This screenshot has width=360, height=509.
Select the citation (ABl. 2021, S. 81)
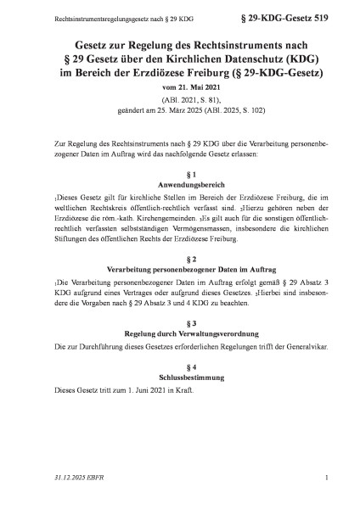tap(179, 101)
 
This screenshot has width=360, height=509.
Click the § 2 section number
tap(179, 259)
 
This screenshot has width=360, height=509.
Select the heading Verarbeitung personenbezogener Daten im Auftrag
tap(179, 269)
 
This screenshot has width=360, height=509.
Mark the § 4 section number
tap(179, 357)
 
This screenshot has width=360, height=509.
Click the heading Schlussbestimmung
tap(179, 367)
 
